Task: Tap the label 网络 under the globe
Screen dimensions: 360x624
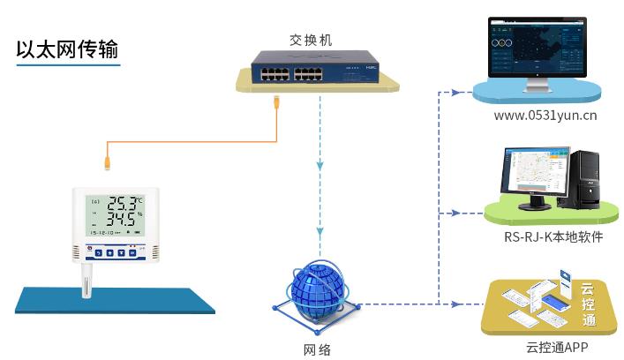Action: click(317, 349)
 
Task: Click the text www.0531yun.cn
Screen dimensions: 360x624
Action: click(545, 115)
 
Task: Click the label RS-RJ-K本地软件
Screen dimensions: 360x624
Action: click(547, 236)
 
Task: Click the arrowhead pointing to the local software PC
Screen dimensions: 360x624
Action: click(455, 214)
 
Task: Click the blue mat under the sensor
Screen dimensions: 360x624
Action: click(116, 298)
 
